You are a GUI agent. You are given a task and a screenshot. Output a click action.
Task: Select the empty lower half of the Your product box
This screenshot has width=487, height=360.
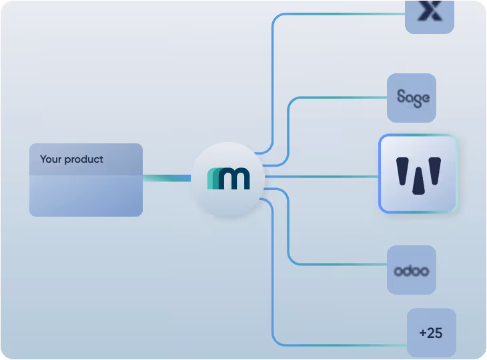coord(85,196)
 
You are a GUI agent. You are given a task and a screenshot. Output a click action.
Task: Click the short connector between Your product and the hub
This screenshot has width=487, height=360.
coord(167,177)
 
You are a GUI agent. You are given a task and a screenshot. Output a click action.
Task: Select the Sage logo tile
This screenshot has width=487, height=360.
coord(412,98)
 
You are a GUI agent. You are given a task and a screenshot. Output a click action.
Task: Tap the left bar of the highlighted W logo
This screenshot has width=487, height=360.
coord(403,171)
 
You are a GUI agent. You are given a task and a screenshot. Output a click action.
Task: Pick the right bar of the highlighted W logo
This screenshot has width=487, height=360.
coord(434,171)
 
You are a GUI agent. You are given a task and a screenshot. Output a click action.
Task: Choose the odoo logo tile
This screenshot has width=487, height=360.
coord(412,270)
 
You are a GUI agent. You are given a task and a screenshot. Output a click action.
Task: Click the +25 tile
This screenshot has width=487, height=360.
coord(432,333)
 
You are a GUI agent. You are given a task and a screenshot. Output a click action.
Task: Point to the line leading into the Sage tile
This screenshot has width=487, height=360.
coord(340,98)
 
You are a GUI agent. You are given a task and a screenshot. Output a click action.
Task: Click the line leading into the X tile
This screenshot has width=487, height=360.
coord(340,14)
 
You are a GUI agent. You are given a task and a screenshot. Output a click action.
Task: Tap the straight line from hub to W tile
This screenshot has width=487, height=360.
coord(320,177)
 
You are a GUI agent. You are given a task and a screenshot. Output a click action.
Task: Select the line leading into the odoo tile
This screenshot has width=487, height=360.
coord(340,265)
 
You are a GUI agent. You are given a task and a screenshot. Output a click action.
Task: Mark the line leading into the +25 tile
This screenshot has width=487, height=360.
coord(340,345)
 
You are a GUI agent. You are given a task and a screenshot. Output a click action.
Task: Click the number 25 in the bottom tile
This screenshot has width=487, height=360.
coord(435,333)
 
